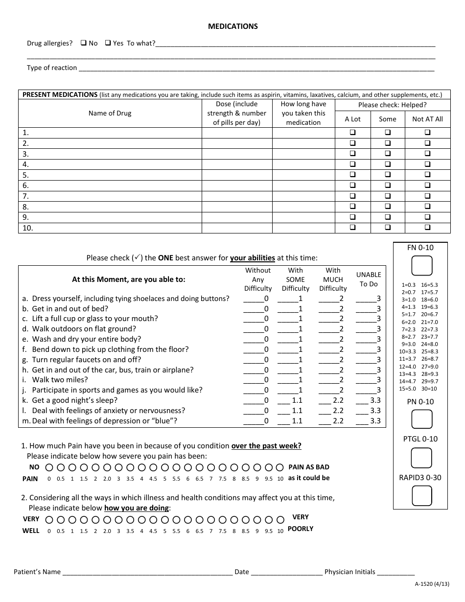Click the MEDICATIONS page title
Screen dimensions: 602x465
[232, 26]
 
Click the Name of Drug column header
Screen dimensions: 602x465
[110, 113]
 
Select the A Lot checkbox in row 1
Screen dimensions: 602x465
[352, 133]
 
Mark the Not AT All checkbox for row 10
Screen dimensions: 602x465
[427, 228]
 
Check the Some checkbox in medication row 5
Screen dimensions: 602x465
[388, 175]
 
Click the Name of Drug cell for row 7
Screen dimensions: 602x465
[110, 196]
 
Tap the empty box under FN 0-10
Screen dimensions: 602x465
[421, 266]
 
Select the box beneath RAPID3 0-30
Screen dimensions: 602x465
[421, 495]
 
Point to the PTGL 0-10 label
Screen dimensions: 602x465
[420, 439]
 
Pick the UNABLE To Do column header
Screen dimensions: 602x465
[368, 279]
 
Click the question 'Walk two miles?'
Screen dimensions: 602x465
[60, 380]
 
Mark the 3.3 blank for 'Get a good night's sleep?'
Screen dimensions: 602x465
[362, 400]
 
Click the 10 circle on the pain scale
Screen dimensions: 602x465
[280, 467]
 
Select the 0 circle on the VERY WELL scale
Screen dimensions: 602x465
[48, 520]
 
